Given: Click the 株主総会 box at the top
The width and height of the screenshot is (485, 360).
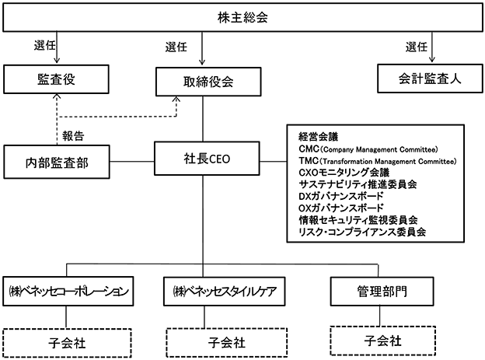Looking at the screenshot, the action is pyautogui.click(x=242, y=17).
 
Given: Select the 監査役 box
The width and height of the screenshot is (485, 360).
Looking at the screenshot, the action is pyautogui.click(x=56, y=79).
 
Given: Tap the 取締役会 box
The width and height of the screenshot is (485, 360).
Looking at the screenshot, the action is pyautogui.click(x=208, y=82).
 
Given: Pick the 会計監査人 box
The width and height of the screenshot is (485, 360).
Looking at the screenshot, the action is pyautogui.click(x=430, y=79).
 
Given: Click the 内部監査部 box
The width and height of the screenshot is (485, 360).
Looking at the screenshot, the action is pyautogui.click(x=57, y=162).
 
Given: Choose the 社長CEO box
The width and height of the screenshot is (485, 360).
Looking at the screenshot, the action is pyautogui.click(x=207, y=159).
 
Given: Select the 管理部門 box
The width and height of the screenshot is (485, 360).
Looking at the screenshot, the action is pyautogui.click(x=382, y=292).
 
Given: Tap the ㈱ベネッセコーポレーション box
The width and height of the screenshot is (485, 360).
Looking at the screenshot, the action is pyautogui.click(x=68, y=292).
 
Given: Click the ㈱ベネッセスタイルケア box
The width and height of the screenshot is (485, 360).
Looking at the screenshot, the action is pyautogui.click(x=225, y=292).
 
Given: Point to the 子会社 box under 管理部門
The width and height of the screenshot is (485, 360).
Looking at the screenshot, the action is pyautogui.click(x=383, y=341).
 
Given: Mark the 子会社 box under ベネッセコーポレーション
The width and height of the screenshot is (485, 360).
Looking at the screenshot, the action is pyautogui.click(x=67, y=344).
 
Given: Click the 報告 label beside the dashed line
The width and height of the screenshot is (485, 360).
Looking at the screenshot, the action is pyautogui.click(x=73, y=135).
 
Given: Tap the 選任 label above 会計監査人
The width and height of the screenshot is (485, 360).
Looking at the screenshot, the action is pyautogui.click(x=417, y=47).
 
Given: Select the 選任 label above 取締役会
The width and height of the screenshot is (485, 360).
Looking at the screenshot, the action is pyautogui.click(x=176, y=47).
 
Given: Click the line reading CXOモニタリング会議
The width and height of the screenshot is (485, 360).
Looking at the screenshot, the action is pyautogui.click(x=344, y=173).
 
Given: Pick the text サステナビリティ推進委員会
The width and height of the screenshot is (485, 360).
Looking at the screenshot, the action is pyautogui.click(x=358, y=184).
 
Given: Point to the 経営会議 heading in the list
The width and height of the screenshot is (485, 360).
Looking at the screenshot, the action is pyautogui.click(x=319, y=137).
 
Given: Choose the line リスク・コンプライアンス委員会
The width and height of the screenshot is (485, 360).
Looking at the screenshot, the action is pyautogui.click(x=362, y=232).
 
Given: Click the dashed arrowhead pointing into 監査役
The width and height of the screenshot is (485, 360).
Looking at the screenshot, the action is pyautogui.click(x=57, y=96).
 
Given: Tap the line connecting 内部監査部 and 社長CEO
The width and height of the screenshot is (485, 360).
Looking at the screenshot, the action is pyautogui.click(x=132, y=161).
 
